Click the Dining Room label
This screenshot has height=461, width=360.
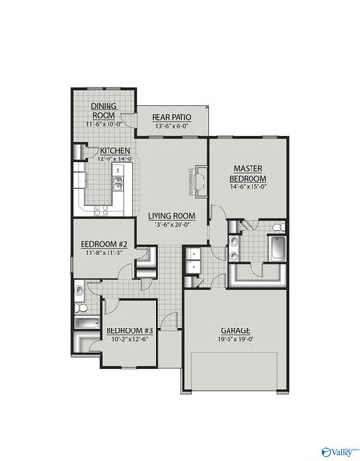click(104, 110)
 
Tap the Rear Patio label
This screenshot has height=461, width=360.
click(172, 118)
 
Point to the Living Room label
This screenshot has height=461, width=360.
click(172, 216)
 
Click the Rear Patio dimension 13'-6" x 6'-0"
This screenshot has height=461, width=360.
click(172, 127)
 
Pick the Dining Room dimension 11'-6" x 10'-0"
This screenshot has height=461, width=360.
click(104, 124)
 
